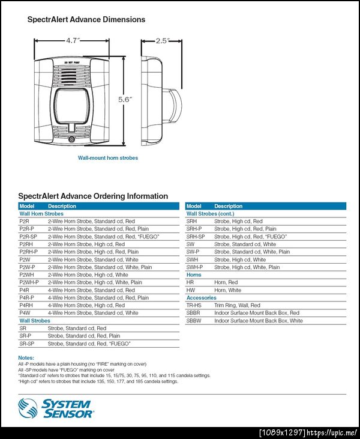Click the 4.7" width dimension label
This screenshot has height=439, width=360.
[73, 41]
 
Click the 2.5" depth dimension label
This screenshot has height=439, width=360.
[161, 41]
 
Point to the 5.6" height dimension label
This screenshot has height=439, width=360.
[124, 100]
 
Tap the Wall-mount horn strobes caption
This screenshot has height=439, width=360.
[108, 158]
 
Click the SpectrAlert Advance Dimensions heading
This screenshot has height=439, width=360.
[86, 19]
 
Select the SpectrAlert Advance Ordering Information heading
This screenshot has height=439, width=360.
[93, 196]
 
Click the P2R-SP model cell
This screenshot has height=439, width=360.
[28, 237]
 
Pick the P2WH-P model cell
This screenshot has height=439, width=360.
[29, 282]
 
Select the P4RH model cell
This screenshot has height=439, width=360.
[26, 305]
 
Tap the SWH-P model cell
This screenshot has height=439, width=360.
[194, 267]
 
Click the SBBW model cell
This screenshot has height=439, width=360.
[194, 321]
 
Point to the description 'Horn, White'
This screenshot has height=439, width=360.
[227, 290]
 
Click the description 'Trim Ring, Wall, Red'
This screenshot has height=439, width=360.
[237, 305]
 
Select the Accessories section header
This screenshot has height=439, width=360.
[202, 298]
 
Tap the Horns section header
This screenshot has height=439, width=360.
[194, 275]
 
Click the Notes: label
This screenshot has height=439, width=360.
[26, 358]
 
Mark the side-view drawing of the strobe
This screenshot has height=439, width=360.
[161, 100]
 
